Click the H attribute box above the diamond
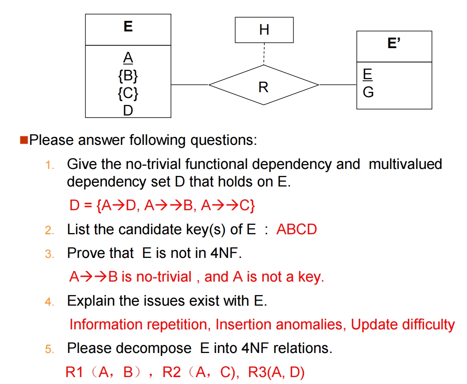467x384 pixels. [x=264, y=29]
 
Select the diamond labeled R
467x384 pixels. [x=263, y=86]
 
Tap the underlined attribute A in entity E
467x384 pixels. [x=128, y=58]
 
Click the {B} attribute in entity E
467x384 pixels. [x=128, y=76]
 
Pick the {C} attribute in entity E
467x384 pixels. [x=128, y=93]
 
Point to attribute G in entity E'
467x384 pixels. [x=368, y=93]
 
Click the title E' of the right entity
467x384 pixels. [x=394, y=43]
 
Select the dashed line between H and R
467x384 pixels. [x=264, y=53]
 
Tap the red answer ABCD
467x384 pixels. [x=297, y=229]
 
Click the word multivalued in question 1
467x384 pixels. [x=405, y=164]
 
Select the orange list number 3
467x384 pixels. [x=50, y=254]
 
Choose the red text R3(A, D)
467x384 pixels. [x=276, y=373]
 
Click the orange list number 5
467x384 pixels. [x=50, y=349]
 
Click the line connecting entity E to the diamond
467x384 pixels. [x=190, y=85]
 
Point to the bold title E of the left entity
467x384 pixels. [x=128, y=27]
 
